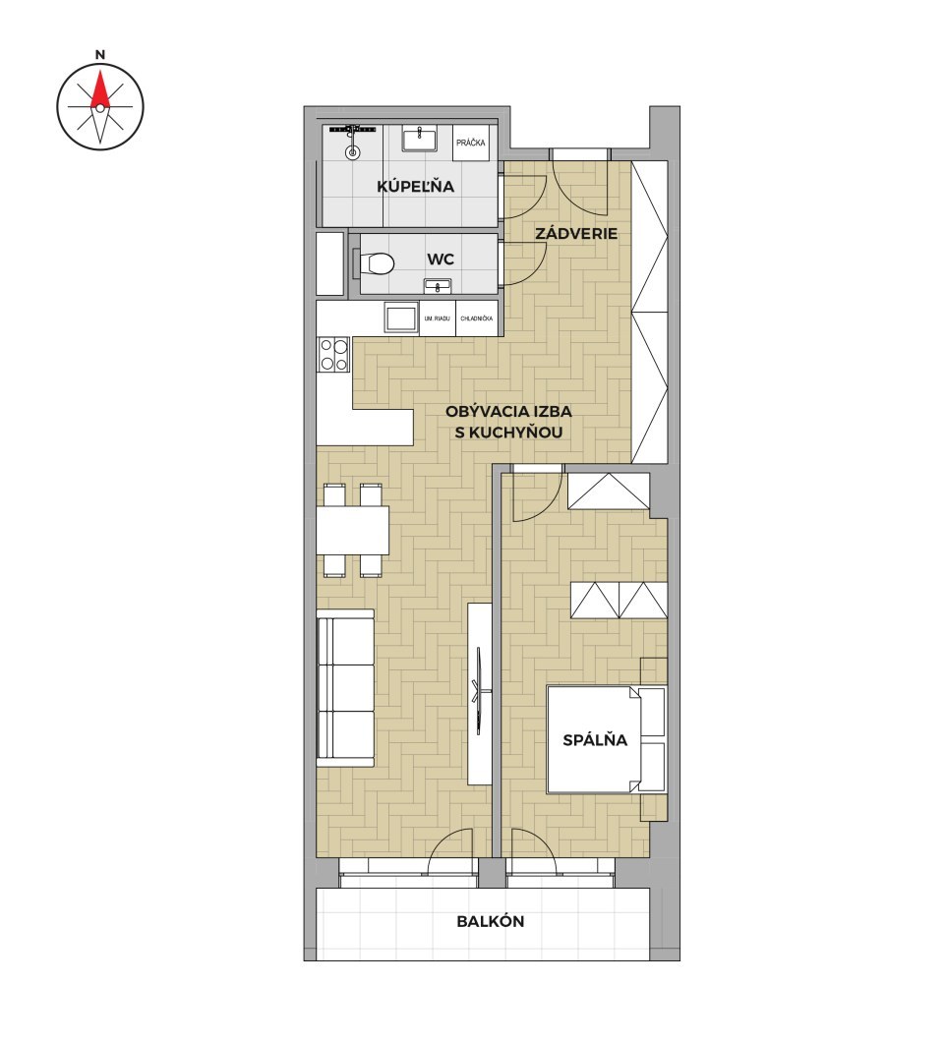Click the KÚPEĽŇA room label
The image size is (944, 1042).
tap(416, 186)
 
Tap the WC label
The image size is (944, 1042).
tap(441, 259)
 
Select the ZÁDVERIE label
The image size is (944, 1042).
tap(576, 234)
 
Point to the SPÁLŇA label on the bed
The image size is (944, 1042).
tap(595, 739)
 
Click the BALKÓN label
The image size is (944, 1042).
tap(490, 922)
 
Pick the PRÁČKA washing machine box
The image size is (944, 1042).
tap(471, 143)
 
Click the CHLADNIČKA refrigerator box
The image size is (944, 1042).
tap(477, 318)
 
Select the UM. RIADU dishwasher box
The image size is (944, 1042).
tap(437, 318)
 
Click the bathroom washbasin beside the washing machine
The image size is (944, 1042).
tap(419, 141)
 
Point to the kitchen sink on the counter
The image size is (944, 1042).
tap(401, 317)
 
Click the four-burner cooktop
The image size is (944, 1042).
tap(333, 354)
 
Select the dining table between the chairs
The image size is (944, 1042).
tap(353, 530)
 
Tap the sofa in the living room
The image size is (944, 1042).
tap(345, 688)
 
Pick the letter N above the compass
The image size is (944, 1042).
tap(99, 55)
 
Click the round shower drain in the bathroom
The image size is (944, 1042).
tap(352, 152)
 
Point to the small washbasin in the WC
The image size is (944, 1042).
tap(438, 286)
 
